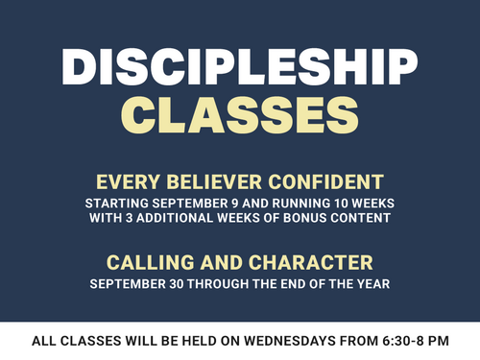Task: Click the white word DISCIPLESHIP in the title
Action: pyautogui.click(x=240, y=67)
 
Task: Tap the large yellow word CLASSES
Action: pyautogui.click(x=240, y=115)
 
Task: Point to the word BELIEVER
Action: pyautogui.click(x=214, y=182)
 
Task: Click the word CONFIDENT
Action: pyautogui.click(x=325, y=182)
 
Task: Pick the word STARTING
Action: pyautogui.click(x=117, y=204)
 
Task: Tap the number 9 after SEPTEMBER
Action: pyautogui.click(x=234, y=204)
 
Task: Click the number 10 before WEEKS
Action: pyautogui.click(x=341, y=204)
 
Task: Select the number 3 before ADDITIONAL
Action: pyautogui.click(x=129, y=218)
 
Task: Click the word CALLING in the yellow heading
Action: pyautogui.click(x=151, y=263)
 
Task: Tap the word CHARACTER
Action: pyautogui.click(x=311, y=263)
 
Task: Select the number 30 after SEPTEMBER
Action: pyautogui.click(x=177, y=284)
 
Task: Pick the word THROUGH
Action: pyautogui.click(x=218, y=284)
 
